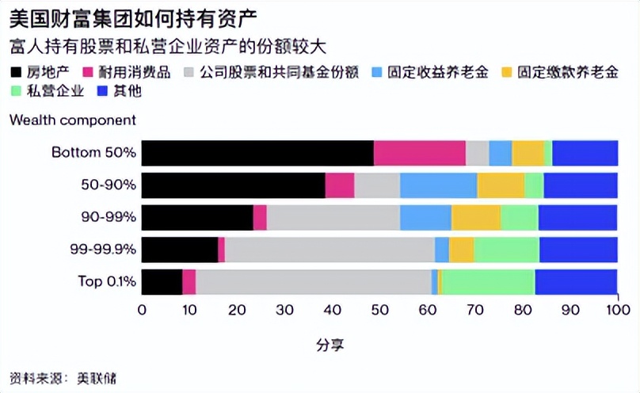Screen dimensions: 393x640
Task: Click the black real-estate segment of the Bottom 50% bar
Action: pyautogui.click(x=257, y=153)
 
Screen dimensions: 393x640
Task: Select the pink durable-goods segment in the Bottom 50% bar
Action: pyautogui.click(x=419, y=153)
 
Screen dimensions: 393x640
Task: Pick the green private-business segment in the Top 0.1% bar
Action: pyautogui.click(x=488, y=281)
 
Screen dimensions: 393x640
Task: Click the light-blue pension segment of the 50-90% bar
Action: pyautogui.click(x=438, y=185)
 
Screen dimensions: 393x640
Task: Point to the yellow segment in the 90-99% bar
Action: pyautogui.click(x=476, y=217)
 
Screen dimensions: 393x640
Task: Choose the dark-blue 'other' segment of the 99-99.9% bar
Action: pyautogui.click(x=578, y=249)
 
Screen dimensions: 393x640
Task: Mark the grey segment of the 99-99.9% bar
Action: pyautogui.click(x=330, y=249)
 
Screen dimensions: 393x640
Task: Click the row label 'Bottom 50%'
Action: pyautogui.click(x=93, y=153)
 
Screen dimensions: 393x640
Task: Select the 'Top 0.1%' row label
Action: pyautogui.click(x=106, y=281)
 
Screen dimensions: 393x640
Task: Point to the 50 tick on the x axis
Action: pyautogui.click(x=379, y=310)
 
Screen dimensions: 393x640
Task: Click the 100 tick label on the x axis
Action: pyautogui.click(x=617, y=310)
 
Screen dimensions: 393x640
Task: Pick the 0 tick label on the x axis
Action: pyautogui.click(x=142, y=310)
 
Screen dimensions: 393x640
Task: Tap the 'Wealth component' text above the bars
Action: pyautogui.click(x=73, y=120)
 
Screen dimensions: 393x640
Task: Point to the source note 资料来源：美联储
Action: pyautogui.click(x=63, y=378)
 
